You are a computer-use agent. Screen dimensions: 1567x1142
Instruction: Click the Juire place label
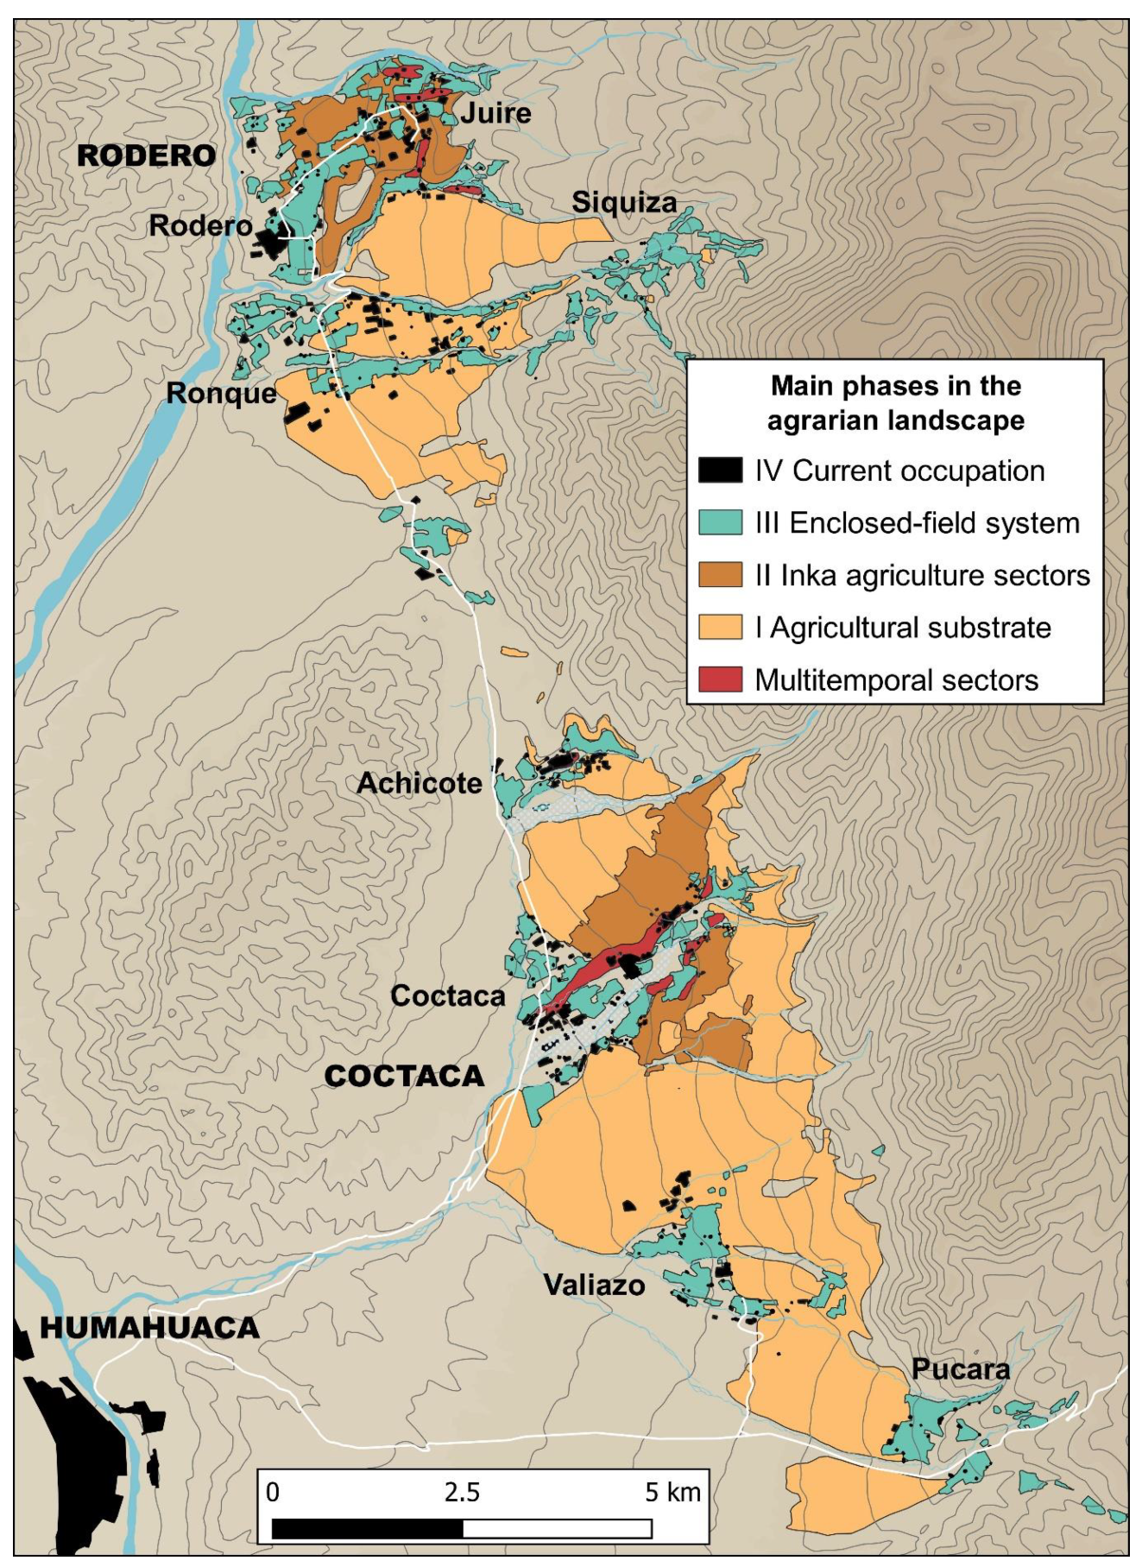(x=495, y=113)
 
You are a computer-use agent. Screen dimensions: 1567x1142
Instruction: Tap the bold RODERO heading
(x=146, y=156)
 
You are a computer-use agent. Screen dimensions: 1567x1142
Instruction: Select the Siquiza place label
(x=624, y=203)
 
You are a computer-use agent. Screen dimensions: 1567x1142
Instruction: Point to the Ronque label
(x=221, y=394)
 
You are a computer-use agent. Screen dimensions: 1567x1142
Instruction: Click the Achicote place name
(x=419, y=784)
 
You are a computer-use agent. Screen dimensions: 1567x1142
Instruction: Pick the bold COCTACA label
(x=404, y=1077)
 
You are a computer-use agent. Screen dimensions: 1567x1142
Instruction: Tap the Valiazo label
(x=594, y=1286)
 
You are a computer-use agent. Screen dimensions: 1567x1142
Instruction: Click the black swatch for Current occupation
(x=720, y=471)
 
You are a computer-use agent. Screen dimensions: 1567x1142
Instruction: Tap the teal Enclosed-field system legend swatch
(x=720, y=523)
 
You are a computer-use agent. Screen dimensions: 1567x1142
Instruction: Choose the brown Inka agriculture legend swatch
(x=720, y=575)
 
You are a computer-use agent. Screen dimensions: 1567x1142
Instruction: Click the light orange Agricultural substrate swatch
(x=720, y=628)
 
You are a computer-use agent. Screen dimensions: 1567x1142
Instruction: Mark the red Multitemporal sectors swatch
(x=720, y=679)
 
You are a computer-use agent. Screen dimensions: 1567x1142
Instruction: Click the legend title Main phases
(x=895, y=403)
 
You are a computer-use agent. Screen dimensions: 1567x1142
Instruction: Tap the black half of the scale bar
(x=368, y=1529)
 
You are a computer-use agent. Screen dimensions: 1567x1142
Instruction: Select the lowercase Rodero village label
(x=200, y=226)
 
